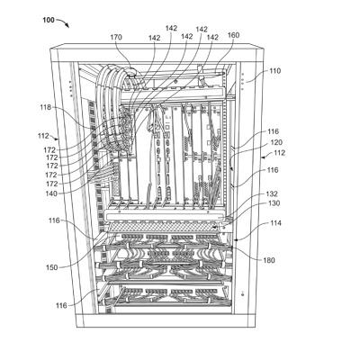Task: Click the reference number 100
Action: click(49, 20)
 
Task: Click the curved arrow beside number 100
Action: click(63, 22)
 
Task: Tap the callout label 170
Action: click(116, 37)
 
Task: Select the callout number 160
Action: click(233, 35)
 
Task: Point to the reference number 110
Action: click(274, 71)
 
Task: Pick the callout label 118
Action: click(46, 107)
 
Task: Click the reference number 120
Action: click(276, 142)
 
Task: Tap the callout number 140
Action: click(51, 193)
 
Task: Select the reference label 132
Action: click(272, 193)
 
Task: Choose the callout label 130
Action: click(274, 203)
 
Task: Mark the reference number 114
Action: click(275, 223)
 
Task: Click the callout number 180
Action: click(269, 260)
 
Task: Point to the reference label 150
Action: click(51, 267)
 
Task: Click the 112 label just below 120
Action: click(279, 153)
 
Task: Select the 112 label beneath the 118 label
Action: click(43, 136)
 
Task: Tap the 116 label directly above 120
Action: click(273, 131)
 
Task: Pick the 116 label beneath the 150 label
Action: click(61, 306)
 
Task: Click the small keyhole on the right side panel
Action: click(243, 292)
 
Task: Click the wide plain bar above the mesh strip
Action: click(164, 216)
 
